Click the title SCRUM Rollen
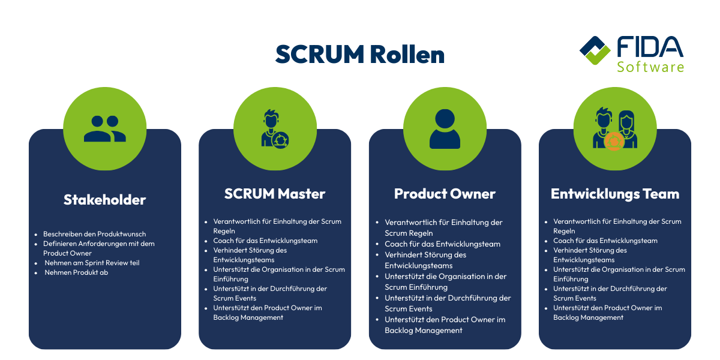360,55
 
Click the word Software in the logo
650,66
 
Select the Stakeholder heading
104,200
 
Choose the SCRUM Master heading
275,194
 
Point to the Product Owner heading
445,194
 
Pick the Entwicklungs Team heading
615,194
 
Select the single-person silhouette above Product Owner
445,128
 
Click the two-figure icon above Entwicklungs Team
615,128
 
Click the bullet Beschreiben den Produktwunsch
94,234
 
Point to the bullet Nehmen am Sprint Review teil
92,263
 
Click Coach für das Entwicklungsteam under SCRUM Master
265,241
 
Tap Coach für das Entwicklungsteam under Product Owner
442,244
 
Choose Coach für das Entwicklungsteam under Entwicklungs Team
605,241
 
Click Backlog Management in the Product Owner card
424,331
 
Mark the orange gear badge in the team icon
613,142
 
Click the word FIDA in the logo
650,47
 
